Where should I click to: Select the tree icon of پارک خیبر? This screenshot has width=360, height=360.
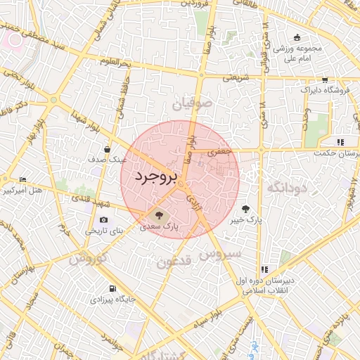tap(246, 208)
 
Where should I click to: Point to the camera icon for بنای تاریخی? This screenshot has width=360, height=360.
tap(104, 219)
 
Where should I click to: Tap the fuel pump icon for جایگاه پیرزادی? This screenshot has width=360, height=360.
tap(112, 289)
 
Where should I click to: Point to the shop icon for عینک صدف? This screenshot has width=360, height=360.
tap(107, 149)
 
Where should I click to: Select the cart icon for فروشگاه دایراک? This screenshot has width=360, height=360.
tap(325, 80)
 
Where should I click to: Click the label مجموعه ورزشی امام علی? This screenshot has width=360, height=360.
tap(297, 53)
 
